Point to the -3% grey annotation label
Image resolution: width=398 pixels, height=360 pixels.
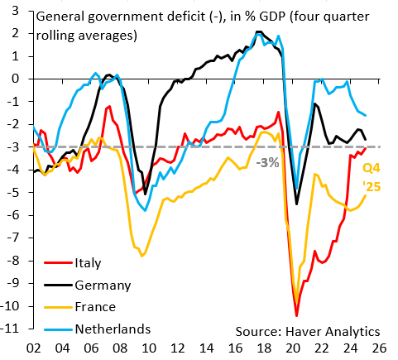click(x=267, y=163)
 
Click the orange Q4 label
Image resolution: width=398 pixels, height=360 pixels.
click(x=372, y=168)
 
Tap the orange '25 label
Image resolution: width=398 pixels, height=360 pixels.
click(x=372, y=187)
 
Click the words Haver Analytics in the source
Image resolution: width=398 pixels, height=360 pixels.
click(x=333, y=331)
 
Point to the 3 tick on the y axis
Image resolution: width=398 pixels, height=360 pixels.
click(x=15, y=11)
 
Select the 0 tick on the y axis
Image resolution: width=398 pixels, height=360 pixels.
click(x=15, y=79)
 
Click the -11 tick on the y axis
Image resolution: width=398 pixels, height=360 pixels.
click(x=10, y=329)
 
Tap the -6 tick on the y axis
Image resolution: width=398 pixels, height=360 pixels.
click(x=12, y=215)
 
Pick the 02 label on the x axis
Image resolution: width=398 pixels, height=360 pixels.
click(x=34, y=348)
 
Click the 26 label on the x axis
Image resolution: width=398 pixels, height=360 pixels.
click(x=379, y=348)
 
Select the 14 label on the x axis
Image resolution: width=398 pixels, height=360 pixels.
click(x=206, y=348)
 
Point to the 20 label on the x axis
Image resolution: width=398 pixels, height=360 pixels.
click(x=293, y=348)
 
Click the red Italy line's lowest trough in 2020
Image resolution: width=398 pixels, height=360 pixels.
click(x=296, y=316)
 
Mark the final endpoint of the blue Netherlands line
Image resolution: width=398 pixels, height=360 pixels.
click(x=366, y=115)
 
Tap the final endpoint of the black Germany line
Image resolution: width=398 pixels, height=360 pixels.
click(x=366, y=140)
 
